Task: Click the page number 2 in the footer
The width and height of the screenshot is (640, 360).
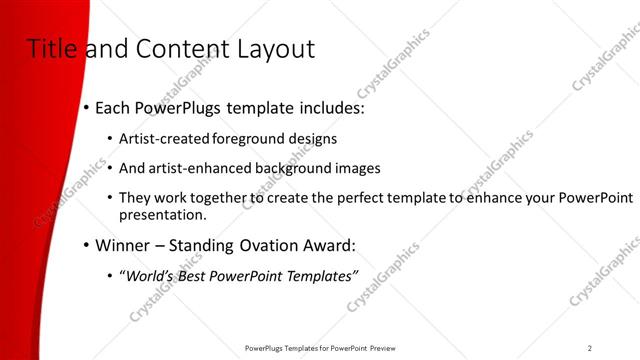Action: coord(590,348)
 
